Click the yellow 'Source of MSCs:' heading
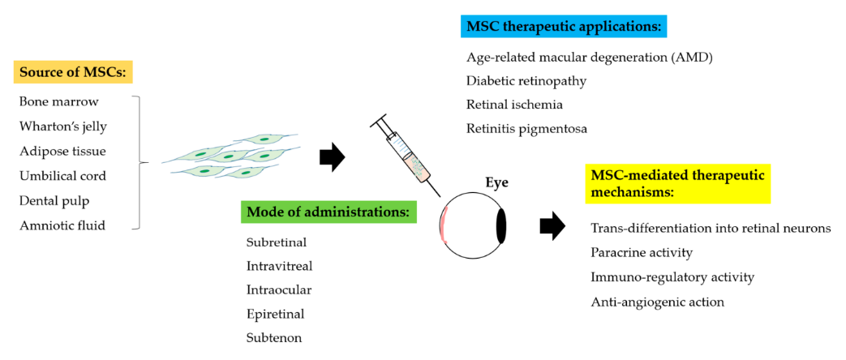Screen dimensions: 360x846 [x=73, y=72]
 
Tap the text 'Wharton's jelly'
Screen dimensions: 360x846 [x=62, y=126]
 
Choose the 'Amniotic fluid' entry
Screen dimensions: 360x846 [x=62, y=225]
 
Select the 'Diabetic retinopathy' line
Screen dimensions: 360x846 [x=526, y=81]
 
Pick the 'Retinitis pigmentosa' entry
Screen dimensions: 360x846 [x=526, y=128]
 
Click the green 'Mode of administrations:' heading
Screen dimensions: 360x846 [x=328, y=212]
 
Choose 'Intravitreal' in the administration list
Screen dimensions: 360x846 [x=279, y=265]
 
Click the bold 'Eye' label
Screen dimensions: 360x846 [x=496, y=182]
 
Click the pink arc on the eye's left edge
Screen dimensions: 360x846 [x=443, y=225]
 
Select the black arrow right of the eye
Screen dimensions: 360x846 [x=552, y=226]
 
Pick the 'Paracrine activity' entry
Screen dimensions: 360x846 [x=642, y=252]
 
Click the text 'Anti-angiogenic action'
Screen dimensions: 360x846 [x=657, y=302]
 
